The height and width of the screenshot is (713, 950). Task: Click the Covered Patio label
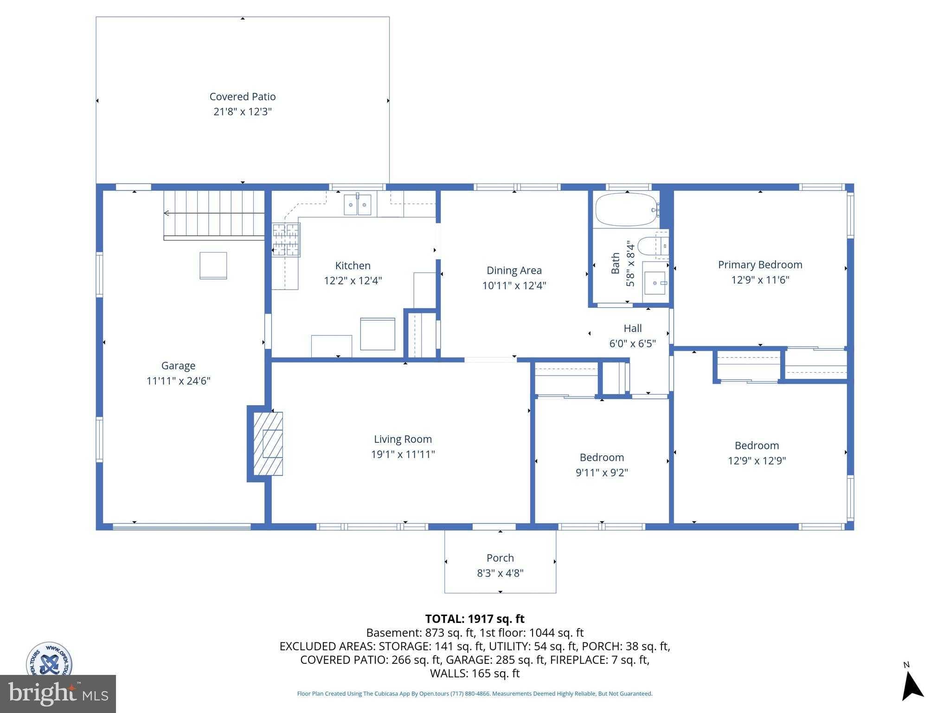click(x=242, y=97)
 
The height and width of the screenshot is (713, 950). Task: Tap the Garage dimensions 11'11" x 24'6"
click(x=178, y=381)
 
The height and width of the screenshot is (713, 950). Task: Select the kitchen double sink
click(x=357, y=205)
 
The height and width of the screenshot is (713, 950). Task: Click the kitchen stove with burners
click(x=286, y=240)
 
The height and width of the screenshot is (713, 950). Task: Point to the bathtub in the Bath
click(x=626, y=209)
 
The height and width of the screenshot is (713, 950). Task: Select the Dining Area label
click(x=514, y=270)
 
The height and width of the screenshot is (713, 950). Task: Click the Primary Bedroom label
click(x=760, y=265)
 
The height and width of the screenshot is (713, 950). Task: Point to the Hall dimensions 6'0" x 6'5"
click(x=632, y=344)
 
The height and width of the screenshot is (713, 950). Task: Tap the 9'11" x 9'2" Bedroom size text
click(x=602, y=473)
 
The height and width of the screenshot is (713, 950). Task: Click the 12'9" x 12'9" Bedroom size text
click(x=757, y=461)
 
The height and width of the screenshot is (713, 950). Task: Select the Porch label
click(x=500, y=558)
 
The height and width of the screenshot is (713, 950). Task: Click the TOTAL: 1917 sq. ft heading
click(x=475, y=619)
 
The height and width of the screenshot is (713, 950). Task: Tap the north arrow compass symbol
click(x=911, y=687)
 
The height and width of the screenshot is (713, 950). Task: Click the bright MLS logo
click(x=58, y=694)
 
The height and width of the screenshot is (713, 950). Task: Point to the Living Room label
click(x=403, y=439)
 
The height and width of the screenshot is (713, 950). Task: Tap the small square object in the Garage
click(x=213, y=265)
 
